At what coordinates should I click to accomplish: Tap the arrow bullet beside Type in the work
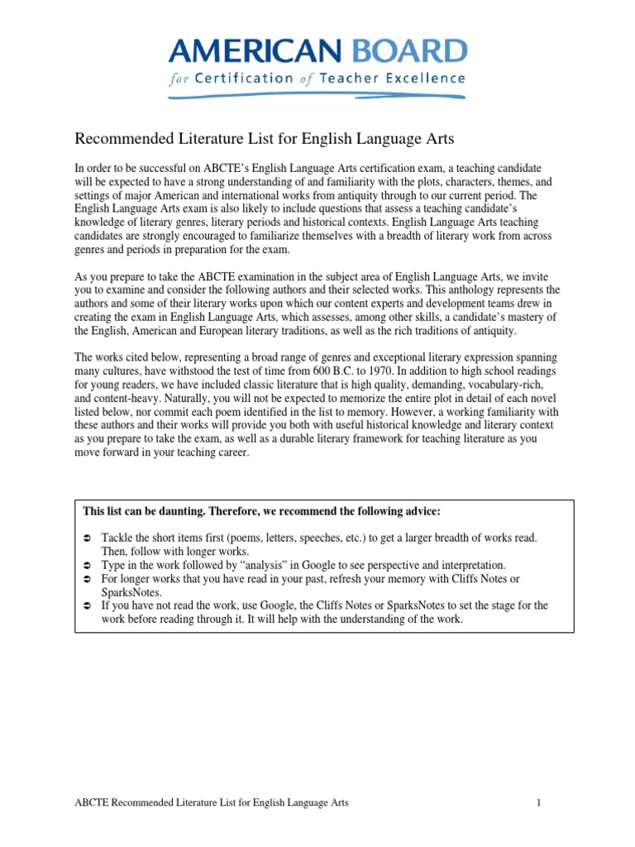(86, 565)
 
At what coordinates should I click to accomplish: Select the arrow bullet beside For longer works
(86, 579)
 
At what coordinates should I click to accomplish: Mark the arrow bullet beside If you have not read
(86, 605)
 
